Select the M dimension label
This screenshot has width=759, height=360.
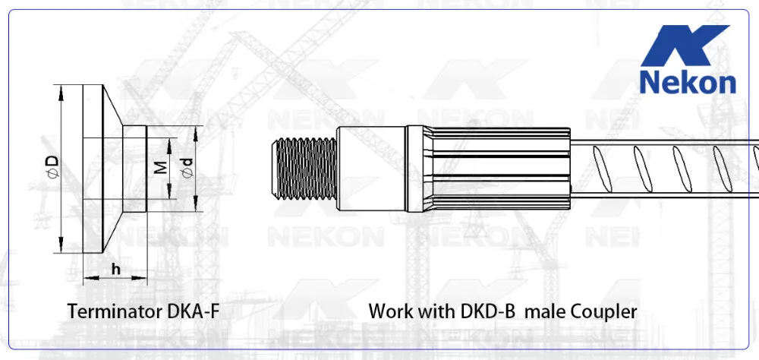(160, 167)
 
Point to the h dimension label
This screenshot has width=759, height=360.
(115, 269)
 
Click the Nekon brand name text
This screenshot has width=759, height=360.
(687, 82)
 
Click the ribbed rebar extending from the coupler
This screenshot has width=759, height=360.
(668, 169)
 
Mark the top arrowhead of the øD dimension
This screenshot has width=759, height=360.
(59, 89)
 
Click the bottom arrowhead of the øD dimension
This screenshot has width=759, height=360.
(59, 248)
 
